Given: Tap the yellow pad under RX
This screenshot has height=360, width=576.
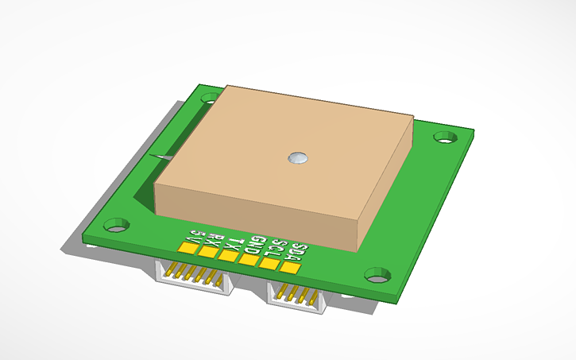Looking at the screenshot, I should coord(208,252).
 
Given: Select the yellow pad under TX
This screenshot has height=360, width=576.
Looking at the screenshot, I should coord(228,255).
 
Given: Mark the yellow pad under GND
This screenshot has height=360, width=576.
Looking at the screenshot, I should coord(249,259).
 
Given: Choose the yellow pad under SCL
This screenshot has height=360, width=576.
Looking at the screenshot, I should coord(269,263).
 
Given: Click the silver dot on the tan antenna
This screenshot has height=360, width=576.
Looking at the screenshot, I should coord(299,158).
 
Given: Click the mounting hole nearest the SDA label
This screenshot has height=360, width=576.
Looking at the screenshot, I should coord(377,275).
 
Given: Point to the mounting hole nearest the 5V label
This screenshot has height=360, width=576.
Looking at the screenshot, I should coord(117,226).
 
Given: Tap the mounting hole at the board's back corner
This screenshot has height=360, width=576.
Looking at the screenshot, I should coord(210,99).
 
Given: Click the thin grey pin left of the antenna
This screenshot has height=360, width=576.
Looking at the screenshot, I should coord(164,158).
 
